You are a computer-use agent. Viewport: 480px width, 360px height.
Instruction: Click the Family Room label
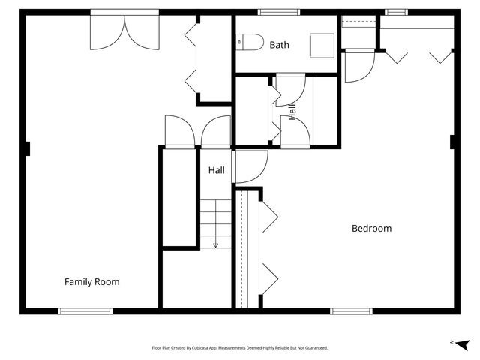(x=91, y=282)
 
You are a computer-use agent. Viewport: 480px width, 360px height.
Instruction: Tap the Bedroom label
(x=372, y=228)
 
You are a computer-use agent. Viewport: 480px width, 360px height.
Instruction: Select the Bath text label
(x=279, y=45)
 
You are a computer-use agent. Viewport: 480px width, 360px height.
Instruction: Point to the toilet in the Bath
(x=250, y=42)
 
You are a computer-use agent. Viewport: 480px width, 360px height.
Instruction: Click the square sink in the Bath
(x=322, y=46)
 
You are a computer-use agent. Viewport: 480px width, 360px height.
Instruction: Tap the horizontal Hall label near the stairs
(x=217, y=170)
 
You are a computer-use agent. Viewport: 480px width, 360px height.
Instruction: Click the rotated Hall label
(x=292, y=112)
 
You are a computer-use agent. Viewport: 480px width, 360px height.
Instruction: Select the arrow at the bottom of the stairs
(x=216, y=245)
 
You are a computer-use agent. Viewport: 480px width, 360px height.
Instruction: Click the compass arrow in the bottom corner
(x=463, y=345)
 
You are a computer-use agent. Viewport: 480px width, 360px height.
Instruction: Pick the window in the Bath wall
(x=278, y=12)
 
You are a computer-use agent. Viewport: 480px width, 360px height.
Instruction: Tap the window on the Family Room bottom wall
(x=85, y=311)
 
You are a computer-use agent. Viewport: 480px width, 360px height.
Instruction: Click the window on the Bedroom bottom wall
(x=352, y=311)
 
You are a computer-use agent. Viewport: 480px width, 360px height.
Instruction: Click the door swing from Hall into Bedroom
(x=250, y=166)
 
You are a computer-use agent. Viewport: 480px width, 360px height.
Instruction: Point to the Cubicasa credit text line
(x=240, y=348)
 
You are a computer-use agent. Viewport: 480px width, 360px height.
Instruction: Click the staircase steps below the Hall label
(x=216, y=223)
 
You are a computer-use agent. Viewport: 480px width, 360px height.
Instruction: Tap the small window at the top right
(x=396, y=12)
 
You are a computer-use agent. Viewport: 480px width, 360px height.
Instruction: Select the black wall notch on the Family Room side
(x=28, y=148)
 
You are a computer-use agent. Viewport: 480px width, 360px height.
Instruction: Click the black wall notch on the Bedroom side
(x=452, y=142)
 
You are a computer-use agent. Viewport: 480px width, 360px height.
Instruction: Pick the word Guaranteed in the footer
(x=317, y=348)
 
